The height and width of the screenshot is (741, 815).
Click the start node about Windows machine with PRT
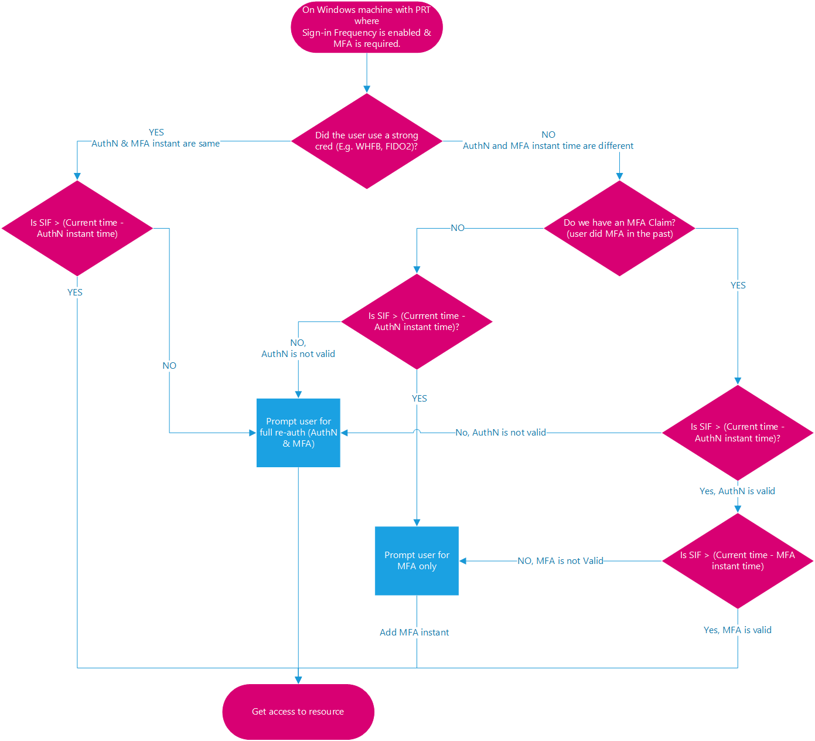[366, 27]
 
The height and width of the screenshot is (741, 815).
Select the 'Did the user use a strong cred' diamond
[366, 141]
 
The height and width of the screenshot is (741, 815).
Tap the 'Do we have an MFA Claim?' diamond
[619, 228]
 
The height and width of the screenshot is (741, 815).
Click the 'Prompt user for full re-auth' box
[298, 433]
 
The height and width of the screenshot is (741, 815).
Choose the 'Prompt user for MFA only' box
[417, 560]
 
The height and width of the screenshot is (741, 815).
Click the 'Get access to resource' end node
[298, 711]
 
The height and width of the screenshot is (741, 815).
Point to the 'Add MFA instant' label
[414, 632]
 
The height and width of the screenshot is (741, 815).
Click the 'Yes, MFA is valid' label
[737, 630]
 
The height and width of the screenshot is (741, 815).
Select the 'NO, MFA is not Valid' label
[560, 560]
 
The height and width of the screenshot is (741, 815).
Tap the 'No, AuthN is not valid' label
[500, 433]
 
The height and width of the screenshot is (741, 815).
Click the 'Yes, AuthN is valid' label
[737, 491]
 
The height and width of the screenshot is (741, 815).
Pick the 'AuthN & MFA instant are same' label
[156, 144]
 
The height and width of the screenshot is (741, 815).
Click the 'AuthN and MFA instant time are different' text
[548, 146]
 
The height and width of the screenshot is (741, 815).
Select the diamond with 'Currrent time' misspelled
[417, 321]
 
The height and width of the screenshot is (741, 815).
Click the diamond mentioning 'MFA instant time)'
[737, 560]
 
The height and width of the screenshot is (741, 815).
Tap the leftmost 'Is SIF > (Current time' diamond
[77, 228]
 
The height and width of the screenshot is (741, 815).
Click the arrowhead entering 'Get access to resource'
[298, 680]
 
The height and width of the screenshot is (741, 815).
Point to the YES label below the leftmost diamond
[75, 292]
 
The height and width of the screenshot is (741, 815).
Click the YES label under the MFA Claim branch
[738, 285]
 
